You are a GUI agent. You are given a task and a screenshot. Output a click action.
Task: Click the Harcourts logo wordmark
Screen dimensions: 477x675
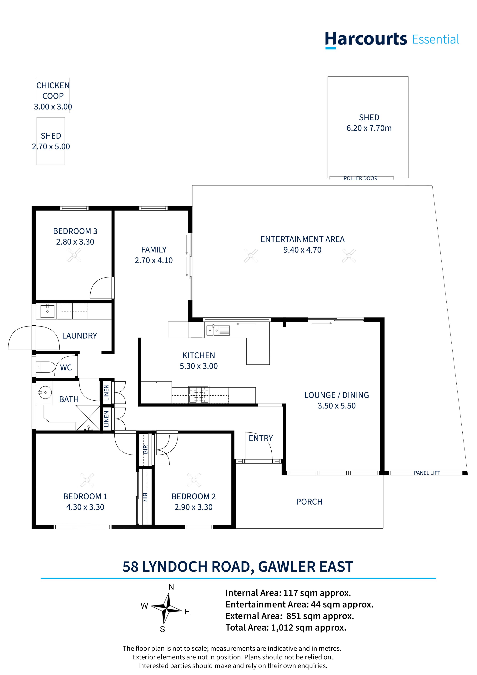[x=392, y=40]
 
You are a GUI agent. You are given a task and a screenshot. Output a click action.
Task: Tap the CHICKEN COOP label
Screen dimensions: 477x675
[x=53, y=91]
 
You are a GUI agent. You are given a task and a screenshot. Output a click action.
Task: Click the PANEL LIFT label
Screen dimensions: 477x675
[x=427, y=473]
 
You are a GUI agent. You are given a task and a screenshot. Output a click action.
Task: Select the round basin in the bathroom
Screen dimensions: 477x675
[x=45, y=393]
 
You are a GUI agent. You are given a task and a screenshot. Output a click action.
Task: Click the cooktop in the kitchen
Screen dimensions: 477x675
[x=199, y=394]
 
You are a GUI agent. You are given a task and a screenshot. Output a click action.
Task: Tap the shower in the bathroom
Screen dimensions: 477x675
[x=88, y=418]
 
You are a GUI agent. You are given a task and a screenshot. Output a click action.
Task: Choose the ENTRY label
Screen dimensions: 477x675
[x=261, y=438]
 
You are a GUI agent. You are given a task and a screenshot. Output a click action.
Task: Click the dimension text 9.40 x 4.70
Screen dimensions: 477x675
[x=302, y=250]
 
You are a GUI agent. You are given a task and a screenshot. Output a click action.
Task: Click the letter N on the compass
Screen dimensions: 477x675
[x=171, y=587]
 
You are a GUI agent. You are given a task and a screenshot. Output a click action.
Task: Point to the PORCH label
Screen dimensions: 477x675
[x=309, y=502]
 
